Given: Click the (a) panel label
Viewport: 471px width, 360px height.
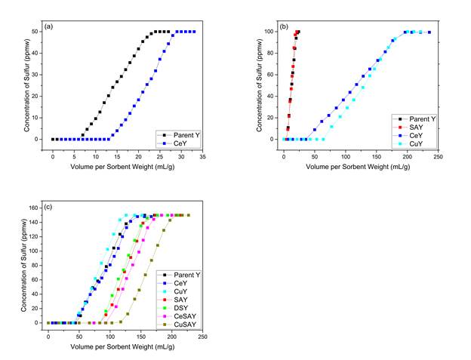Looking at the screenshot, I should [49, 26].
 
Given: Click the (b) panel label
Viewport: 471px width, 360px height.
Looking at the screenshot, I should [285, 26].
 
